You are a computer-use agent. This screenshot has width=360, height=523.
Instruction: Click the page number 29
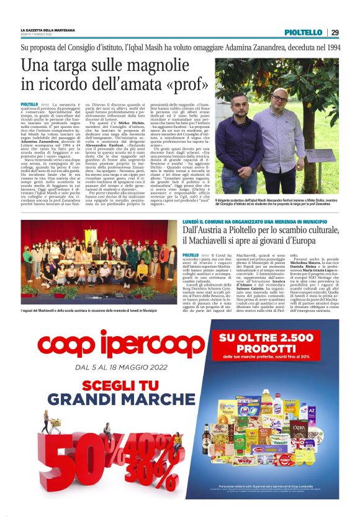335,33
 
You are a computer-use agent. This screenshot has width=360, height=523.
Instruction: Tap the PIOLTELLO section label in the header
302,33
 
